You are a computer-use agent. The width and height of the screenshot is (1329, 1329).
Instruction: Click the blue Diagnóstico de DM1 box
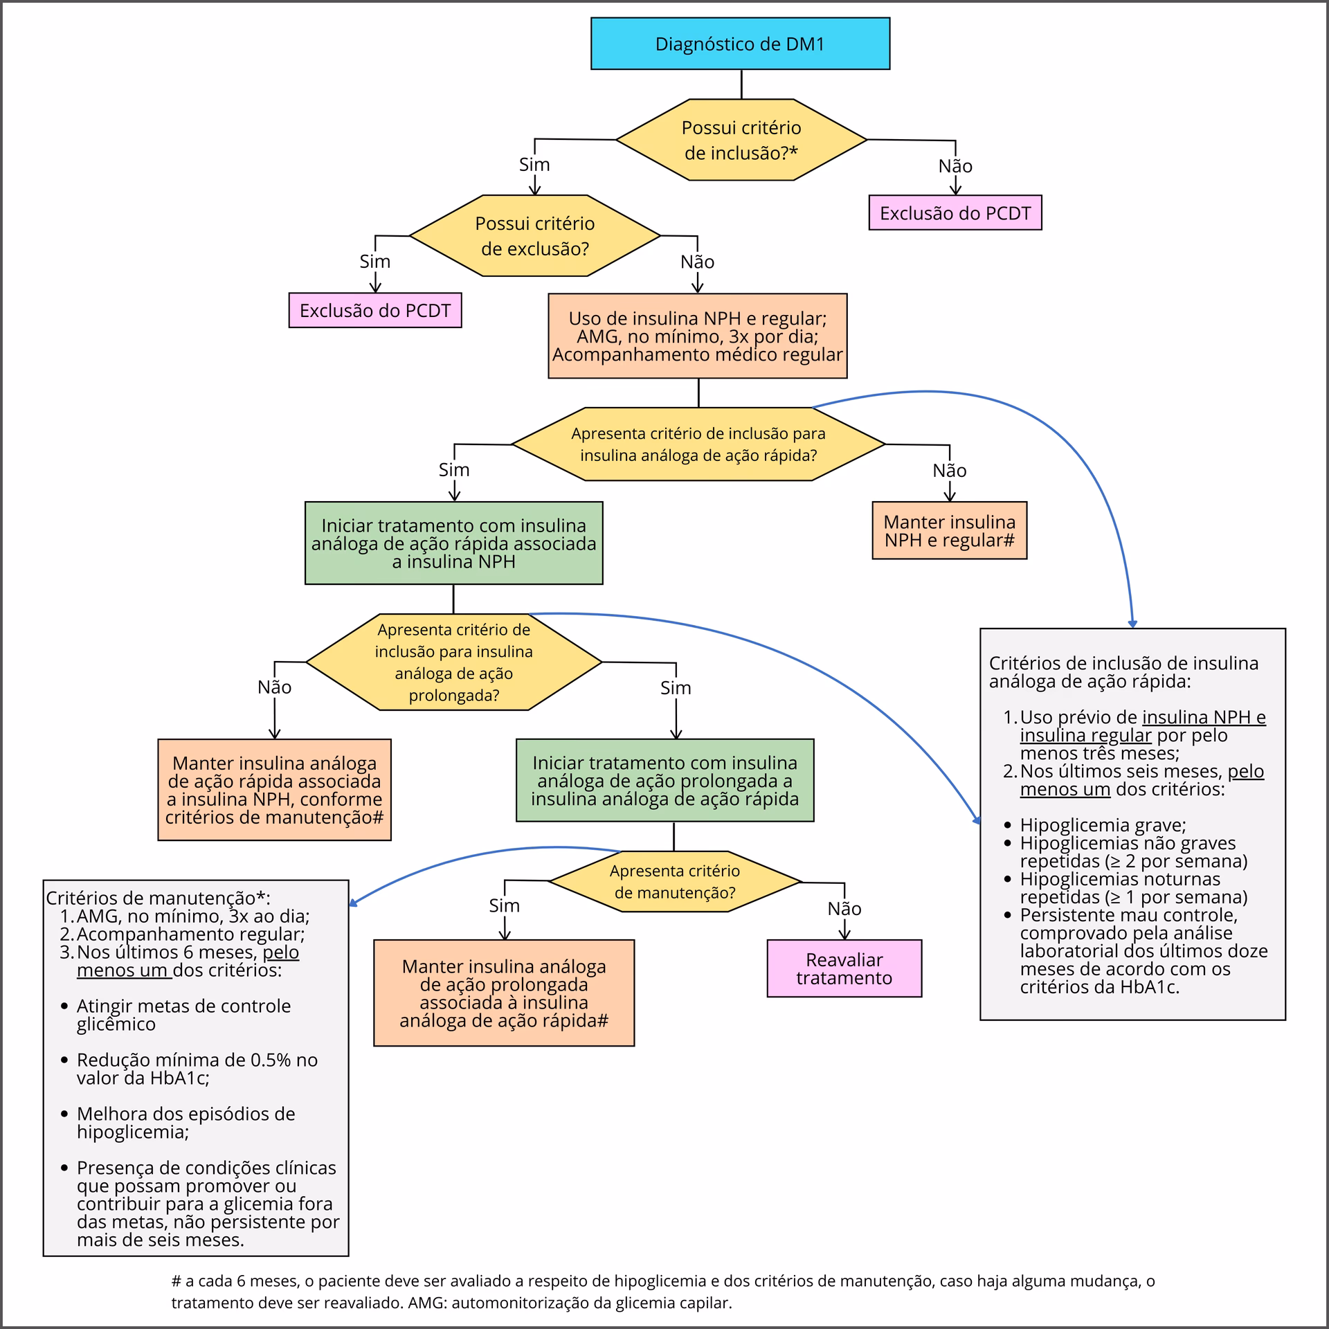pos(740,44)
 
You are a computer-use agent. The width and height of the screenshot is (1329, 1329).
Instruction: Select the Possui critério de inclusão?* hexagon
pos(741,140)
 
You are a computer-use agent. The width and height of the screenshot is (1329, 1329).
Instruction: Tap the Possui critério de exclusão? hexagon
pos(535,236)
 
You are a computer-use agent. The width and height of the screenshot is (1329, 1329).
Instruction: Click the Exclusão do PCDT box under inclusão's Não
pos(955,213)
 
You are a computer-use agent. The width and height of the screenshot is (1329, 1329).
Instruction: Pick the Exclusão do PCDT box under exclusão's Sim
pos(375,310)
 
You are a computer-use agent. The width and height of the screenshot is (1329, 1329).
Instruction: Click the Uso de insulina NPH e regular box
pos(698,336)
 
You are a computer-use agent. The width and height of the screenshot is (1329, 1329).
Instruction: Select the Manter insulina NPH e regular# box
pos(949,531)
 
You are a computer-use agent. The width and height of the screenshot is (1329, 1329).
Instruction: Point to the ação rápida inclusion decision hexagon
pos(698,444)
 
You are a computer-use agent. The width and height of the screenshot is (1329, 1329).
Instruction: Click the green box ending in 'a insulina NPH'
pos(454,543)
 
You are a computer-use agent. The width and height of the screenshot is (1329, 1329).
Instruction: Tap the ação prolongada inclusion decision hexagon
pos(454,662)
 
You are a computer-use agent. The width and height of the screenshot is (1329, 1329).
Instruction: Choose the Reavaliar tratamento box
pos(844,968)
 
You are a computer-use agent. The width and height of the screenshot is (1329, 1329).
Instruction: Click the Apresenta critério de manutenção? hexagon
pos(675,882)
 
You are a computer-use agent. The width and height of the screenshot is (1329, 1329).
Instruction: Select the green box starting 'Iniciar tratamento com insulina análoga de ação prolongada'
pos(665,781)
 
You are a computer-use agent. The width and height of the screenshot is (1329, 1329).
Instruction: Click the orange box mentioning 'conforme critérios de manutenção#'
pos(275,790)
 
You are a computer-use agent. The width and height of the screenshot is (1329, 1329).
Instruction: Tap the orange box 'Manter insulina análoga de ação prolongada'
pos(504,993)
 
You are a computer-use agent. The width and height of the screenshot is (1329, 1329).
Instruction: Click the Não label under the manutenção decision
pos(844,909)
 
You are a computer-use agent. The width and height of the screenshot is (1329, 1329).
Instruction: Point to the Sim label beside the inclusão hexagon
pos(534,165)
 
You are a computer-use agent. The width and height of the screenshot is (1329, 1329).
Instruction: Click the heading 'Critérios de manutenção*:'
pos(158,898)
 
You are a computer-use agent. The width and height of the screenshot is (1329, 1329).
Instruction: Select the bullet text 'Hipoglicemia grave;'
pos(1103,825)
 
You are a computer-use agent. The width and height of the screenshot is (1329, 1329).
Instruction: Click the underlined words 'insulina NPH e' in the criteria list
pos(1204,717)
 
